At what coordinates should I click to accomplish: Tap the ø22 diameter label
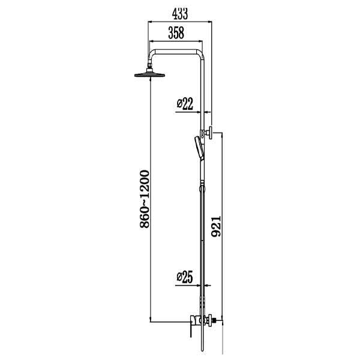185,104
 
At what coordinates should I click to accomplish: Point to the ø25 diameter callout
185,277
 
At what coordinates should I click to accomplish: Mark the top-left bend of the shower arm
153,52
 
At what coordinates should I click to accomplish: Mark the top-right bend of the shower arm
202,52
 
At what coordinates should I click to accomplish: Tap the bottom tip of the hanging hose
202,353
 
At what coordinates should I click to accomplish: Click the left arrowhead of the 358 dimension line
151,41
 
